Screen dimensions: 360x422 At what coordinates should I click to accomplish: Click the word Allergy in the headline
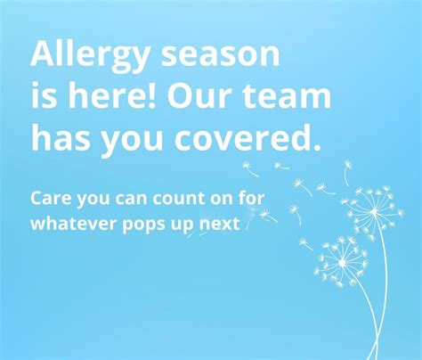pyautogui.click(x=84, y=55)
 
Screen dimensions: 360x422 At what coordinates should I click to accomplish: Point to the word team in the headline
pyautogui.click(x=290, y=96)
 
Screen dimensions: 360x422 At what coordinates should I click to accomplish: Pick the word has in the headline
pyautogui.click(x=61, y=138)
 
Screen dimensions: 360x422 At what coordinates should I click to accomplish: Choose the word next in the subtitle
pyautogui.click(x=219, y=222)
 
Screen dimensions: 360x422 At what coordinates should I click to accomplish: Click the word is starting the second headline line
pyautogui.click(x=42, y=96)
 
